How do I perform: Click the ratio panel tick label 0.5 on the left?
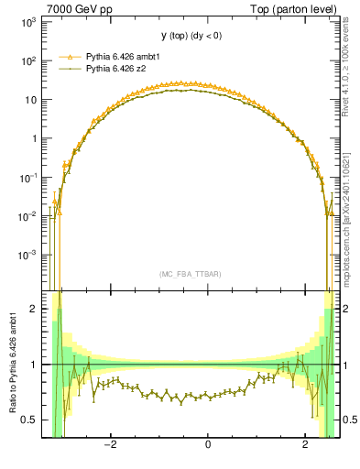(x=30, y=420)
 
